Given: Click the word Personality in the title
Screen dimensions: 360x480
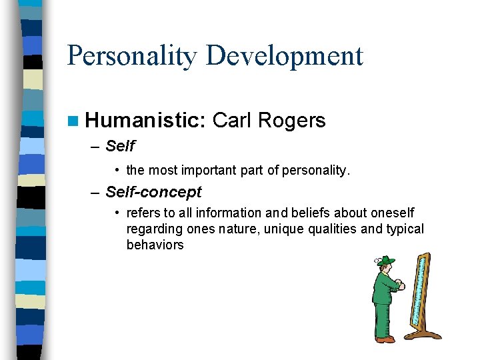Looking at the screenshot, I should tap(132, 56).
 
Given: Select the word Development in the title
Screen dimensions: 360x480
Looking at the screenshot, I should tap(285, 56).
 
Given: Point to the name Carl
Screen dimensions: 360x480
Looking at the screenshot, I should tap(231, 120).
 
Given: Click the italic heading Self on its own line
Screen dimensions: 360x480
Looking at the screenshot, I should tap(120, 146).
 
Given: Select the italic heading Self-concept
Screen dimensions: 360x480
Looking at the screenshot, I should tap(153, 193).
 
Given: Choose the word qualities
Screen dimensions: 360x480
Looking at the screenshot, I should tap(329, 229).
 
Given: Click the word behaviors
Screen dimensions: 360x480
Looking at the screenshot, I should tap(155, 245).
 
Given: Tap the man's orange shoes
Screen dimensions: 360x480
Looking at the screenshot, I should tap(385, 339).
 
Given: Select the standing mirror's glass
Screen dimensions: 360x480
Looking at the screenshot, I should tap(421, 293).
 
